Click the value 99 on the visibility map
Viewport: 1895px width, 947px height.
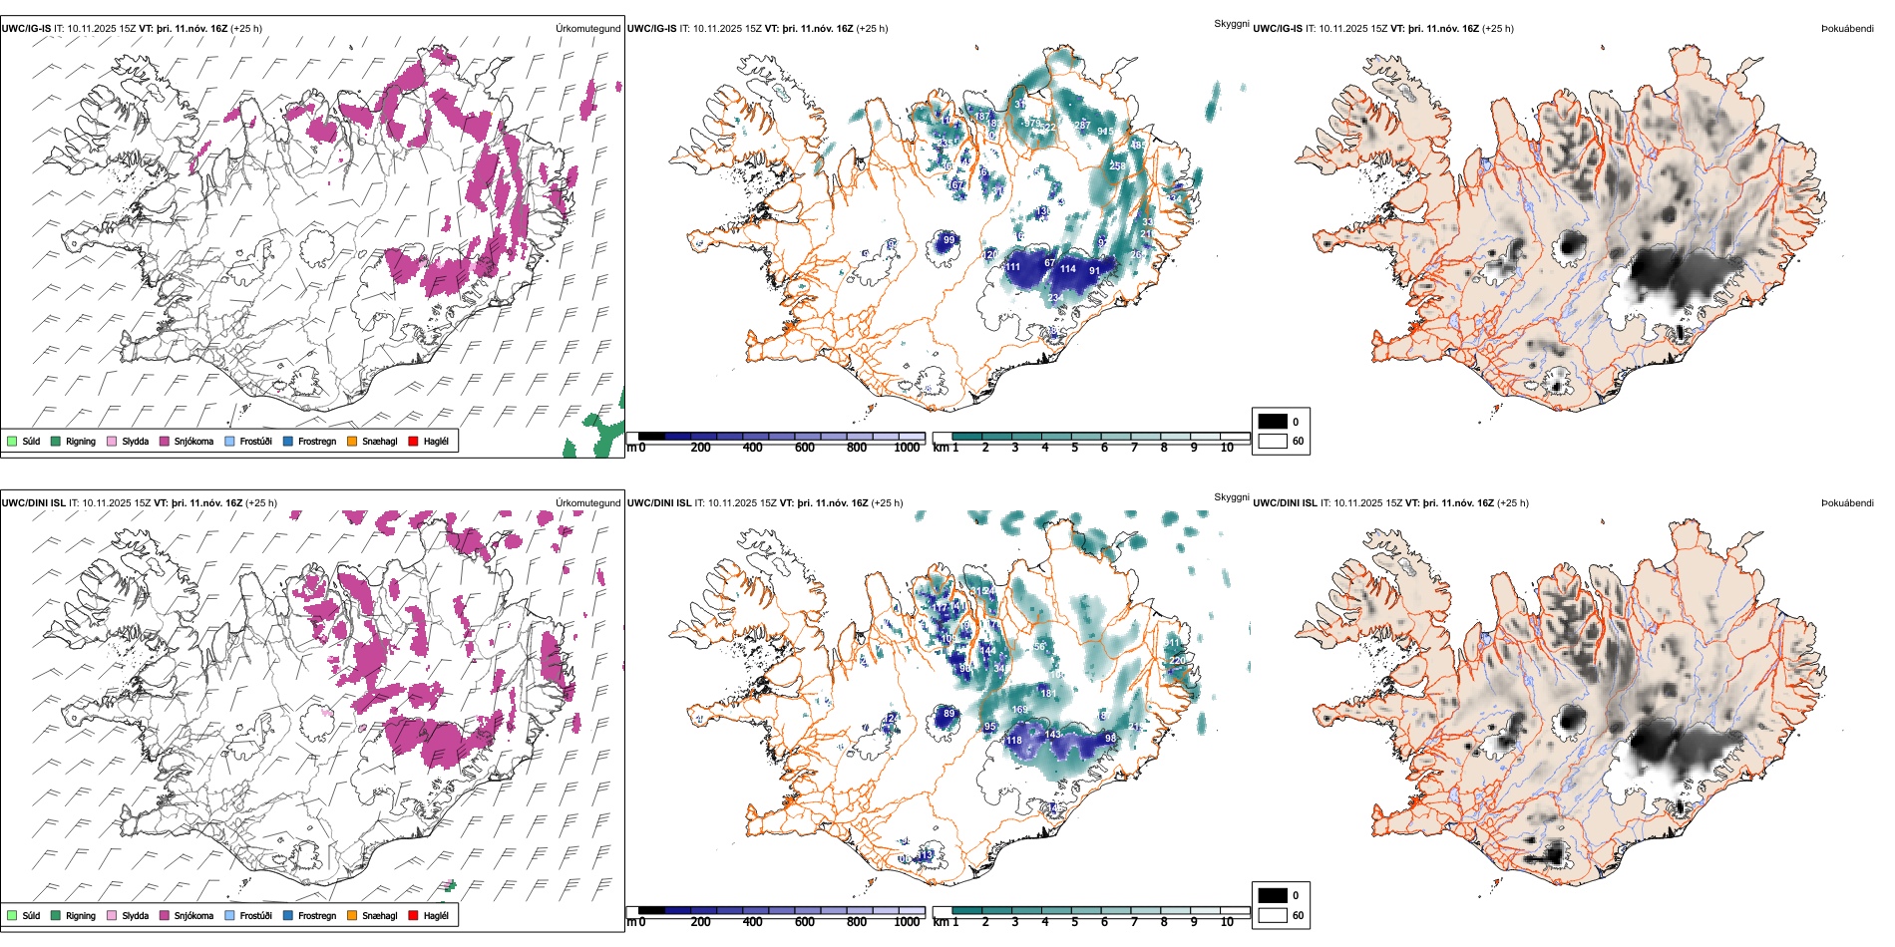click(948, 240)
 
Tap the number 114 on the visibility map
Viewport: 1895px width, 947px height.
click(1068, 269)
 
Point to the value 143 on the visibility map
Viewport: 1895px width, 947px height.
click(1053, 735)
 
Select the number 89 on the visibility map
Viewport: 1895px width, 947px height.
click(948, 714)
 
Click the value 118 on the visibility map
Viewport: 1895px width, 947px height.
click(1014, 741)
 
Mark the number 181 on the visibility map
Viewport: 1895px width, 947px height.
click(1048, 693)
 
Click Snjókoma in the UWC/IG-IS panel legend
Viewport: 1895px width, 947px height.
click(193, 442)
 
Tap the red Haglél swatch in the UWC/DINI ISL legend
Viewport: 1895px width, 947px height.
click(413, 916)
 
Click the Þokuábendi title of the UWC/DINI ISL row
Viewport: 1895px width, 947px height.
click(1847, 502)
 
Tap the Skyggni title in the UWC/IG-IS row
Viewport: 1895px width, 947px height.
click(1231, 23)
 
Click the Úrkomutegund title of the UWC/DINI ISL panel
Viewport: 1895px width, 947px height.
click(587, 502)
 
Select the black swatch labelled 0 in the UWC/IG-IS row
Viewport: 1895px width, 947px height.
click(1273, 422)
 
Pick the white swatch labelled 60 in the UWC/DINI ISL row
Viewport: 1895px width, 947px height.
click(1273, 915)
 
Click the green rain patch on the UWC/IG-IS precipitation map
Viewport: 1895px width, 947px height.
click(598, 434)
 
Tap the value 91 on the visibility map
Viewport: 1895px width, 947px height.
click(1095, 271)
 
